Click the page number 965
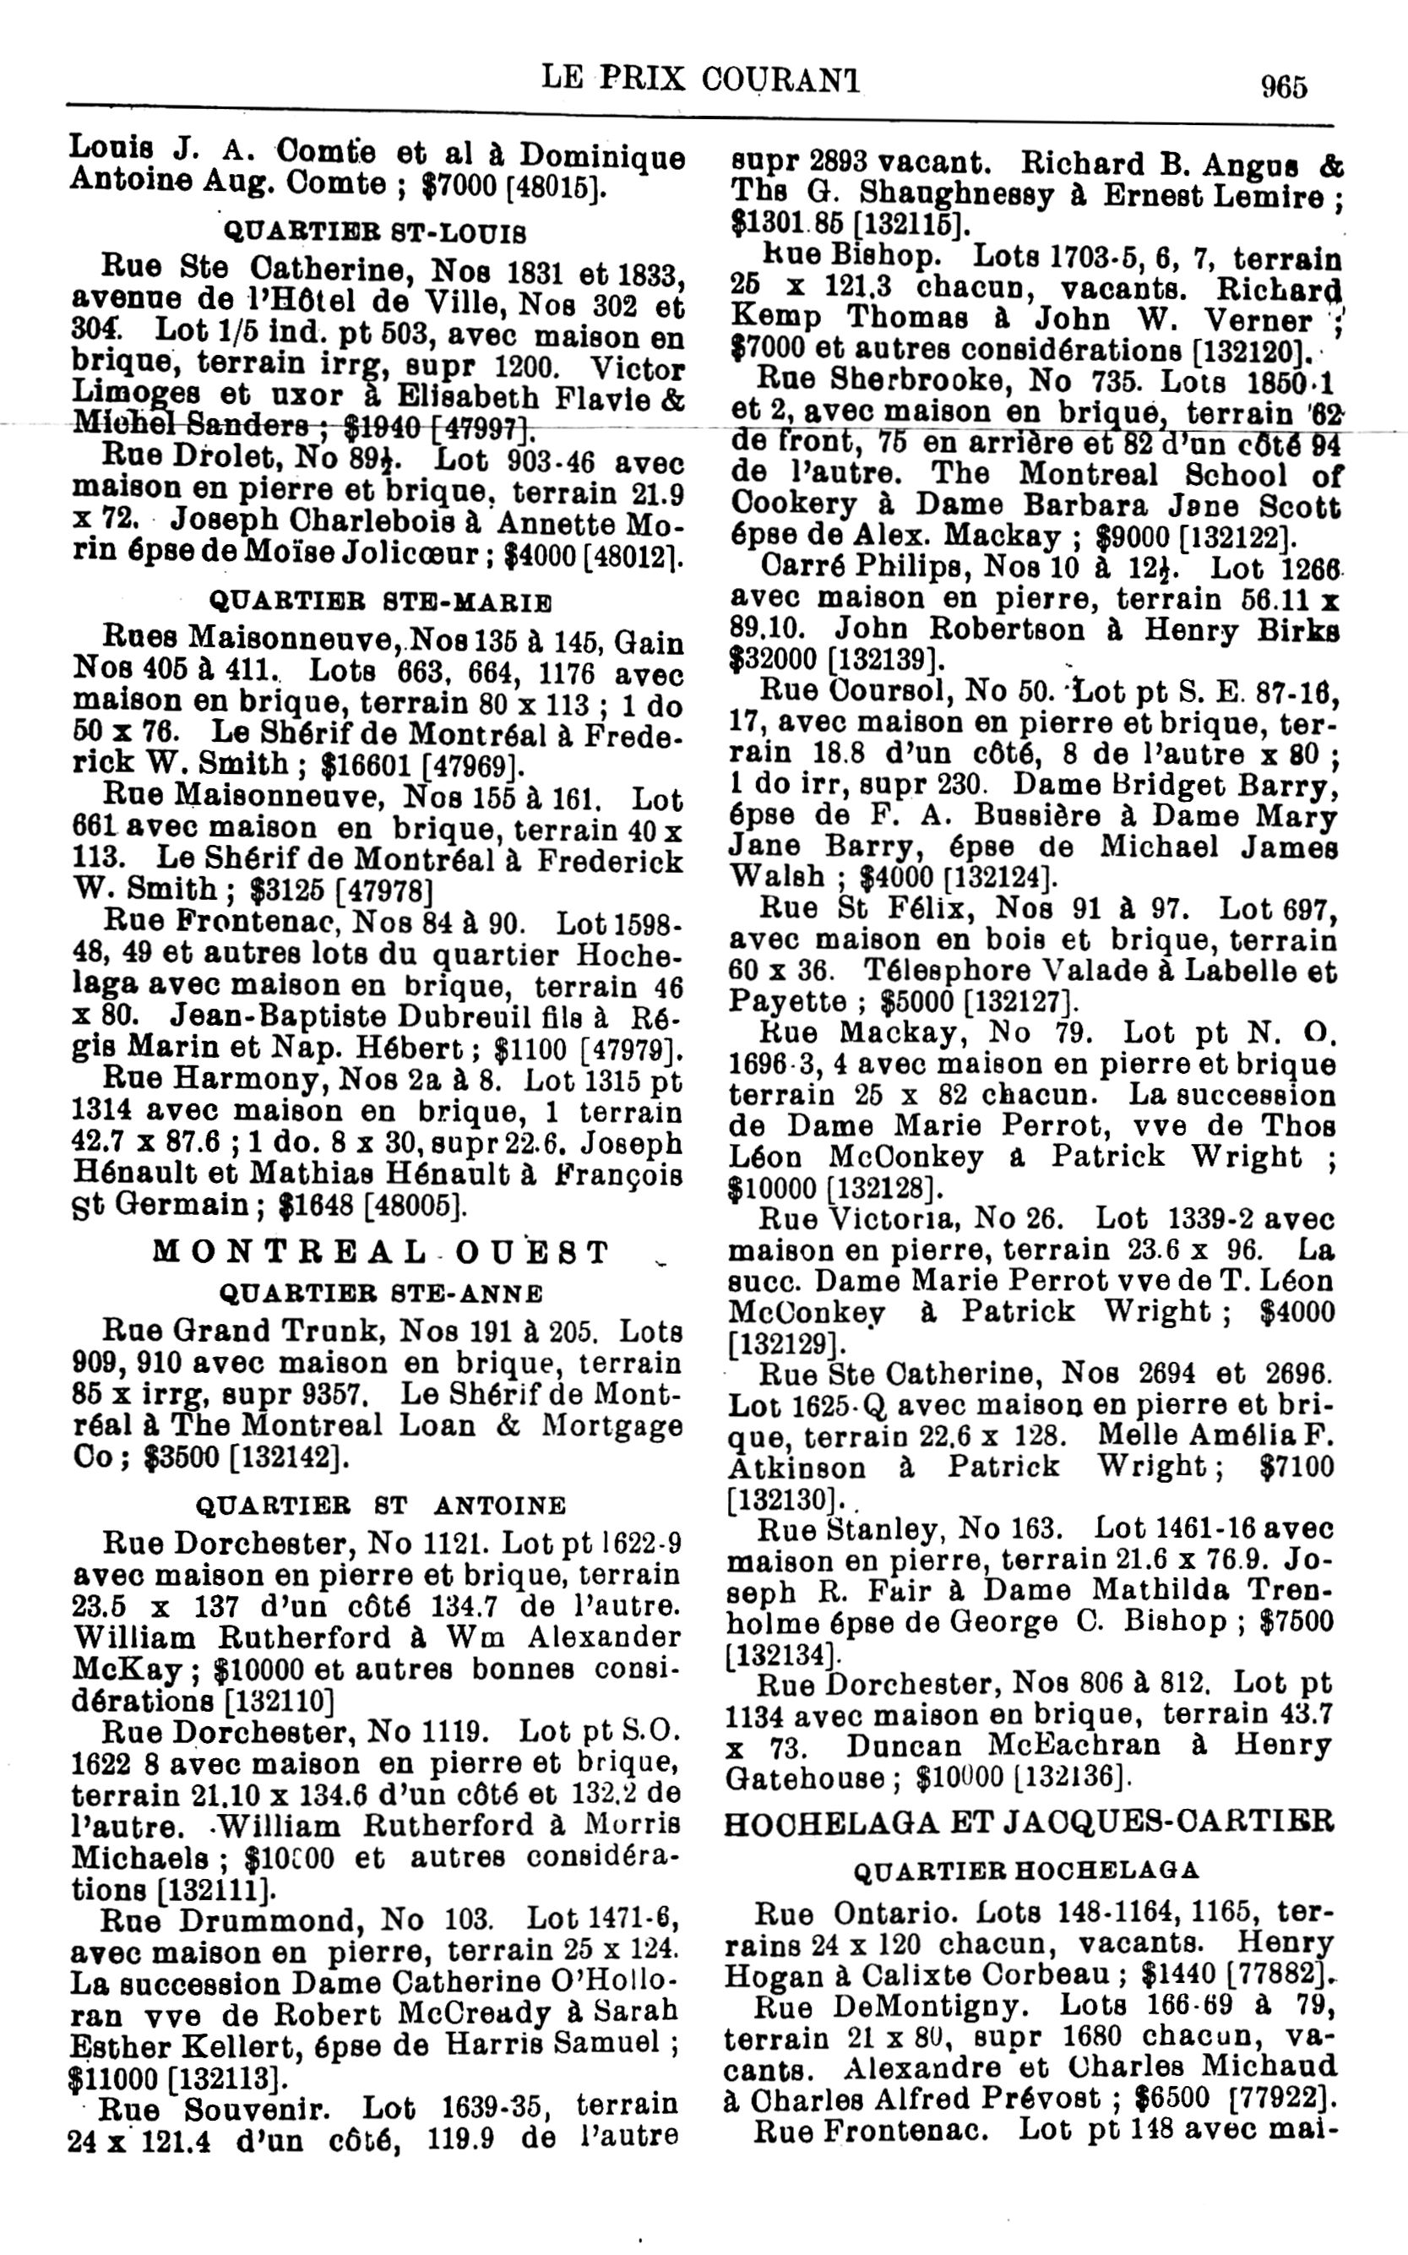[x=1283, y=87]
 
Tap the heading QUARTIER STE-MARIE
[x=381, y=601]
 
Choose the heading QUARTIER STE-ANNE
[x=380, y=1294]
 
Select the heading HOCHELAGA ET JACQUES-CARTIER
[x=1029, y=1820]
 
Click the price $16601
[x=365, y=765]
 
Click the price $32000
[x=775, y=661]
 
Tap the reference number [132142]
[x=290, y=1457]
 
